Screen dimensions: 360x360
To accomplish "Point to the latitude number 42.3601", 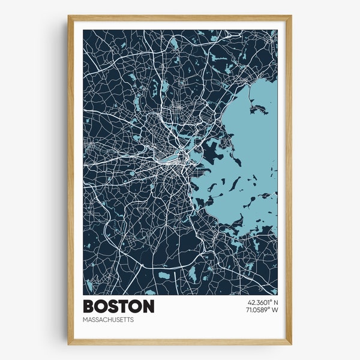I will [x=260, y=302].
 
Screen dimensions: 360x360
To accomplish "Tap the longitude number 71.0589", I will [x=259, y=310].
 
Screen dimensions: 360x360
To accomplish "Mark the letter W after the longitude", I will [x=275, y=310].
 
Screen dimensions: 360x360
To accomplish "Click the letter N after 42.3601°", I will [x=277, y=302].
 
